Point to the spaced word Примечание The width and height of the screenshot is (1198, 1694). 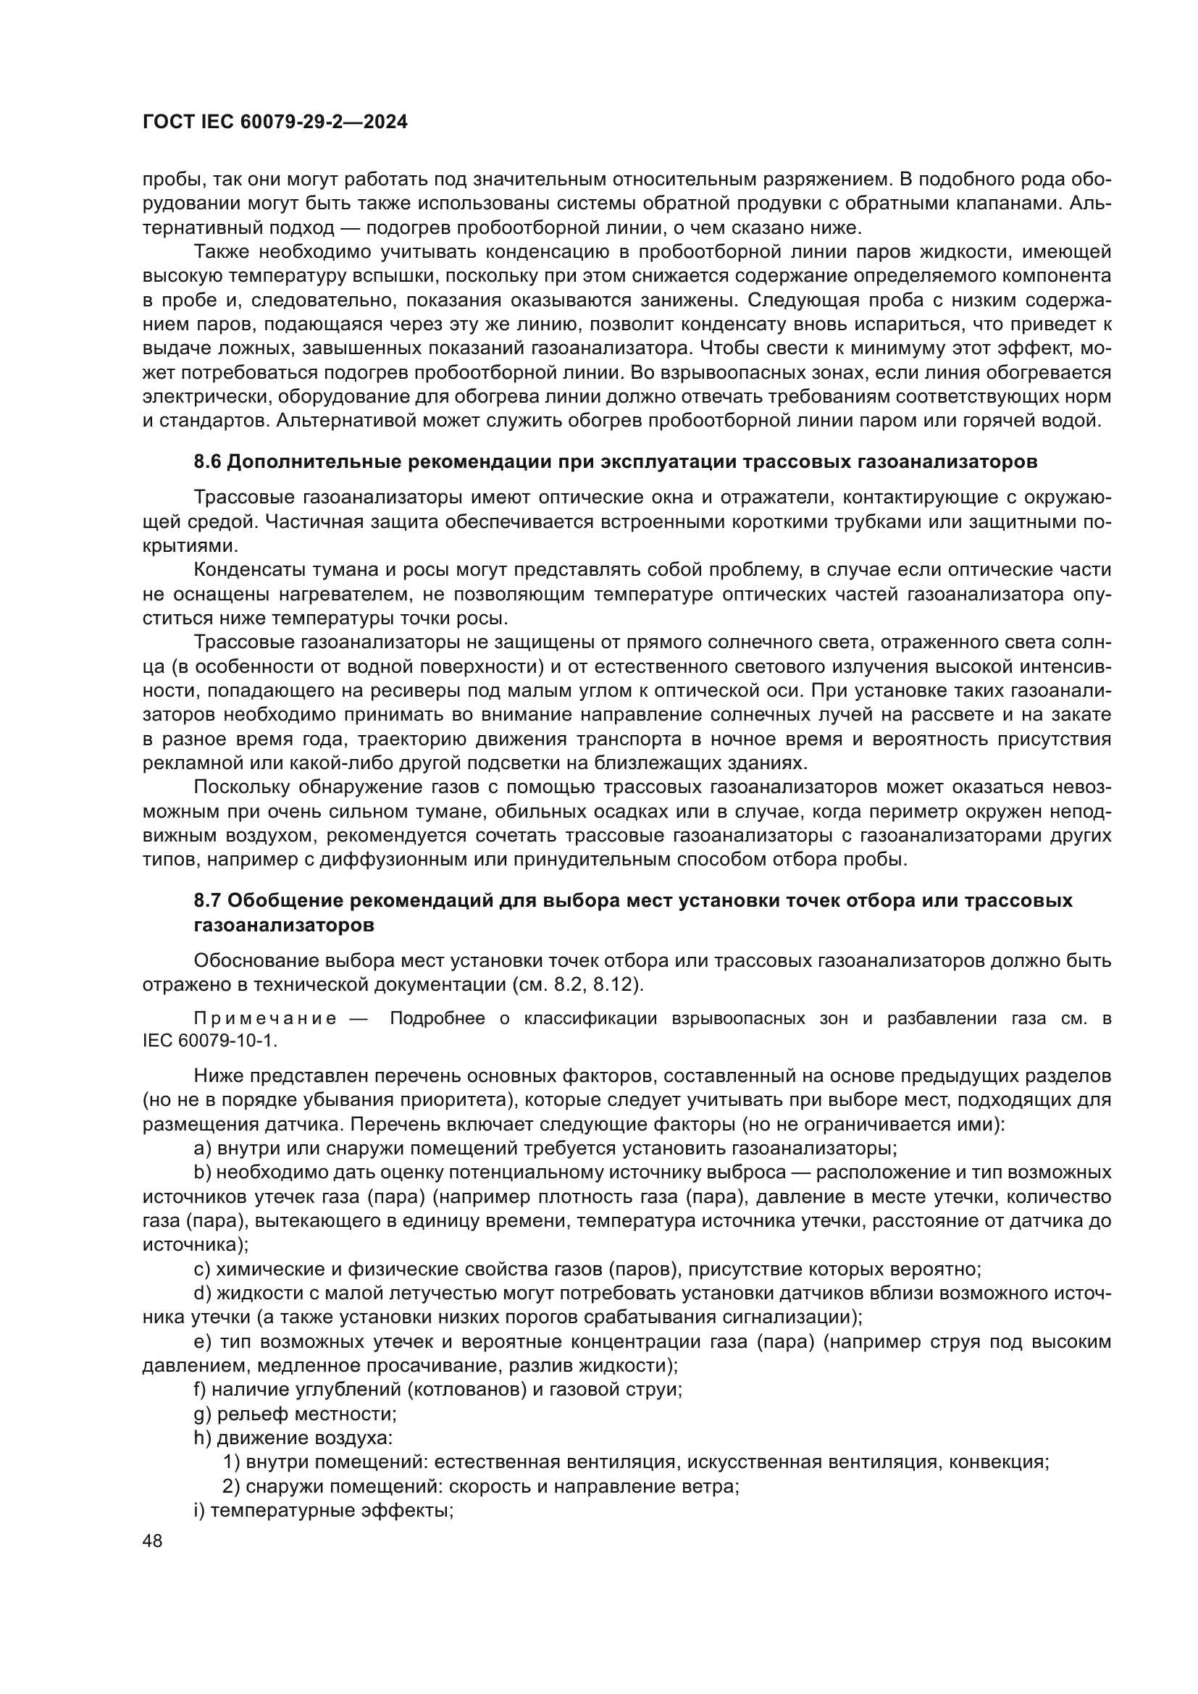265,1019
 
